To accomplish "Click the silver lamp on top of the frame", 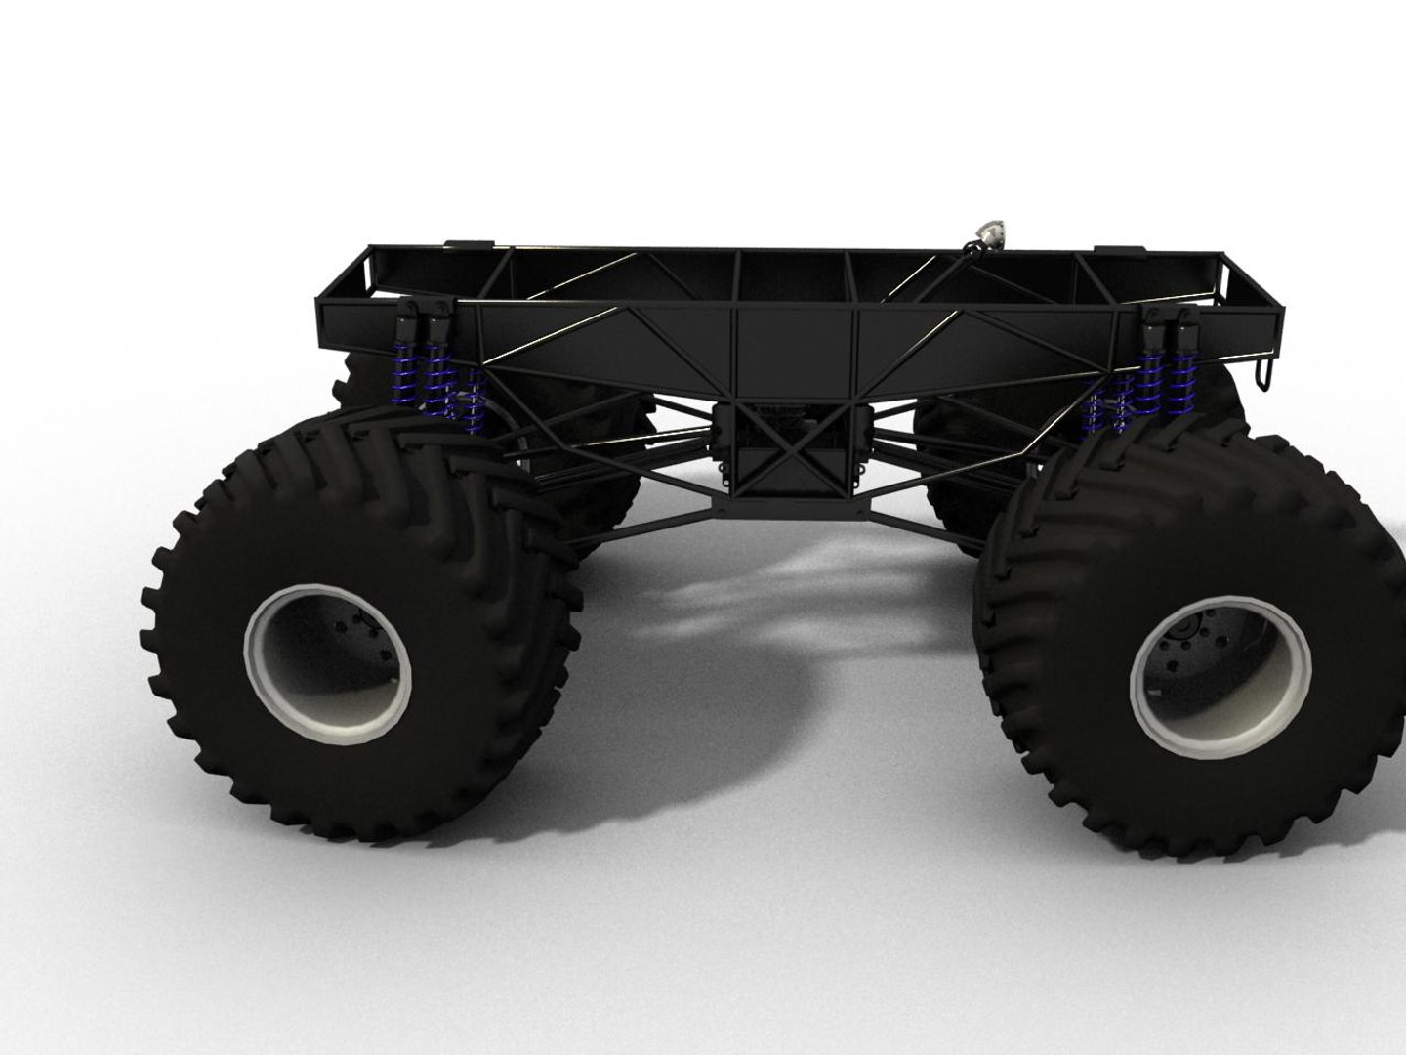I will (x=991, y=235).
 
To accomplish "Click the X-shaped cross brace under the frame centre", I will (x=787, y=450).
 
